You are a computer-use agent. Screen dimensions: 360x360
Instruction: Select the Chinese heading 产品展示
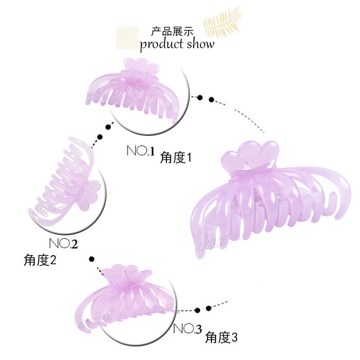(x=172, y=32)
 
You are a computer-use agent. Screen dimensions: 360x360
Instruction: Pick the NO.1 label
(x=140, y=151)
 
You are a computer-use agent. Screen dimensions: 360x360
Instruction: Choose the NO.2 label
(x=63, y=243)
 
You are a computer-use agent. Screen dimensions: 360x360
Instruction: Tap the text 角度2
(x=40, y=260)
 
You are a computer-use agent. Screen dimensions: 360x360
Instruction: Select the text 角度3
(x=221, y=337)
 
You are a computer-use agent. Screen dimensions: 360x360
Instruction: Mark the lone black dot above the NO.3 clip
(x=92, y=259)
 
